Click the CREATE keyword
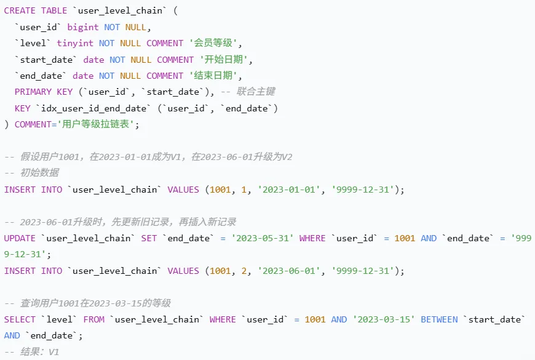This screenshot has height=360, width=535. (20, 11)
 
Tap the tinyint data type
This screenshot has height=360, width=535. (75, 43)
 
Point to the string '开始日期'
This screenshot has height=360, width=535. (226, 60)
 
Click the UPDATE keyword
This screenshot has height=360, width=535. (20, 238)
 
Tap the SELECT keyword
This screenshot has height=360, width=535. (20, 319)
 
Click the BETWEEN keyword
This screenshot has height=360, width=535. (439, 319)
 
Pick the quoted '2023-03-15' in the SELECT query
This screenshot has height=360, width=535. (383, 319)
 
